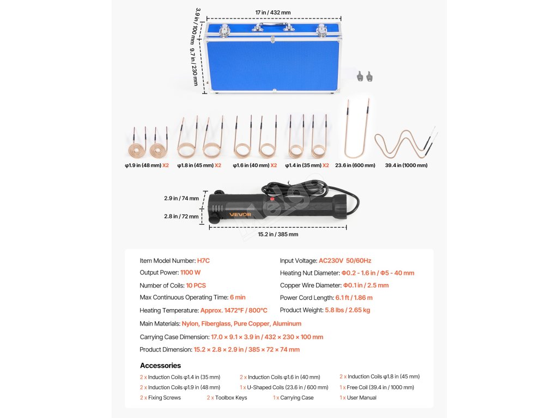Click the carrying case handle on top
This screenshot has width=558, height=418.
pyautogui.click(x=273, y=25)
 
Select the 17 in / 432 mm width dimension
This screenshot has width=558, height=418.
pyautogui.click(x=273, y=12)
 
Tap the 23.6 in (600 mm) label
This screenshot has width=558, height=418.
pyautogui.click(x=355, y=165)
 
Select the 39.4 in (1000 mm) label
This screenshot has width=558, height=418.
pyautogui.click(x=406, y=165)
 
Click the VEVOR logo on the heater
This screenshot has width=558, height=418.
pyautogui.click(x=240, y=214)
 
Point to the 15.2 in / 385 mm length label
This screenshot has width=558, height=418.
pyautogui.click(x=277, y=235)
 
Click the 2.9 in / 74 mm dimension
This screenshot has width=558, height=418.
pyautogui.click(x=181, y=199)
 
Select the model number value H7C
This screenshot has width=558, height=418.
pyautogui.click(x=203, y=261)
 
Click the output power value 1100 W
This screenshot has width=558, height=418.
pyautogui.click(x=190, y=273)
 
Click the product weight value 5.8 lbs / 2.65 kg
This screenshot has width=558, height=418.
pyautogui.click(x=347, y=310)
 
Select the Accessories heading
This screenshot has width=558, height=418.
pyautogui.click(x=160, y=366)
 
